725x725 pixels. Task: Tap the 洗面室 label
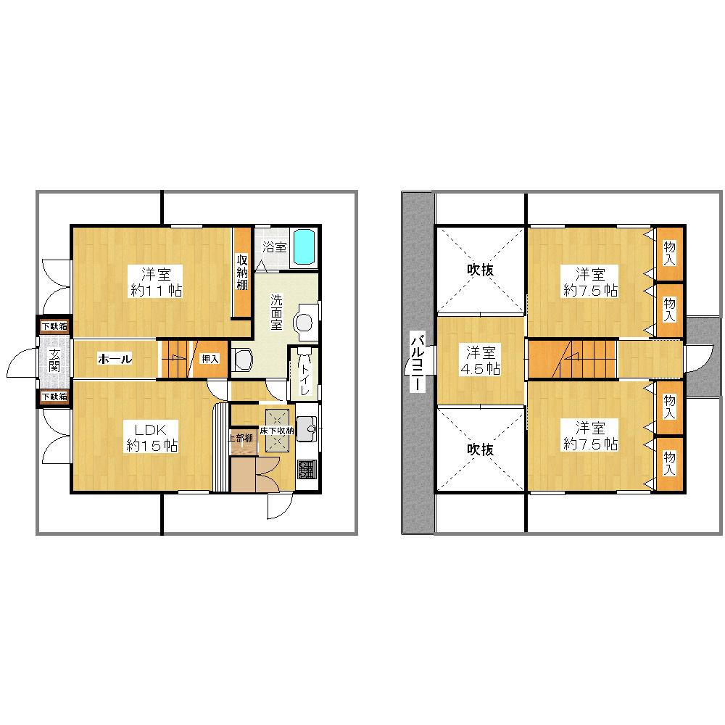(277, 312)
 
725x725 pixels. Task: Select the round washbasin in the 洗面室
(304, 321)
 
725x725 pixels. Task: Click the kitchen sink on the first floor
(307, 429)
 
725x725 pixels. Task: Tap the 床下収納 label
(277, 431)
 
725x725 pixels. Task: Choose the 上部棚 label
(240, 438)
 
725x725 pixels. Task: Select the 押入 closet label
(210, 358)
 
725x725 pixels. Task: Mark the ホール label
(114, 358)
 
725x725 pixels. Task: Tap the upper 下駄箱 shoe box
(54, 326)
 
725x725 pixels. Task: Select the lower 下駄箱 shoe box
(54, 397)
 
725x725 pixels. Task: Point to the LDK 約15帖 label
(152, 437)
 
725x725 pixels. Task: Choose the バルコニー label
(417, 362)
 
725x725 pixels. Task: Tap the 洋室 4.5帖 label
(481, 360)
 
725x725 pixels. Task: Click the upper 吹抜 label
(480, 270)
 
